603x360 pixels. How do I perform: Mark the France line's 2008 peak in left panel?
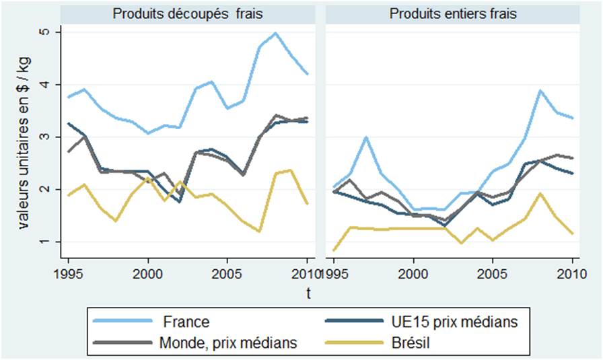[275, 33]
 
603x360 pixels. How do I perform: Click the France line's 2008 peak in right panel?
[540, 91]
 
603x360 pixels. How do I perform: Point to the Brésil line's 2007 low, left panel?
[259, 231]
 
